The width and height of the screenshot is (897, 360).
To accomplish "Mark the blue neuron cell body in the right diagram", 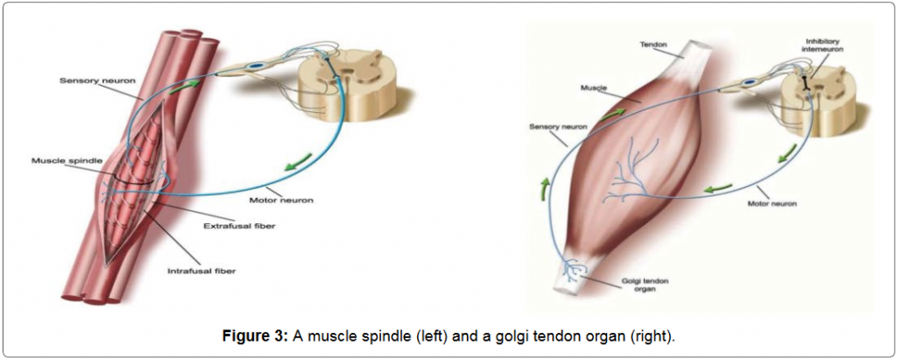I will [x=750, y=85].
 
